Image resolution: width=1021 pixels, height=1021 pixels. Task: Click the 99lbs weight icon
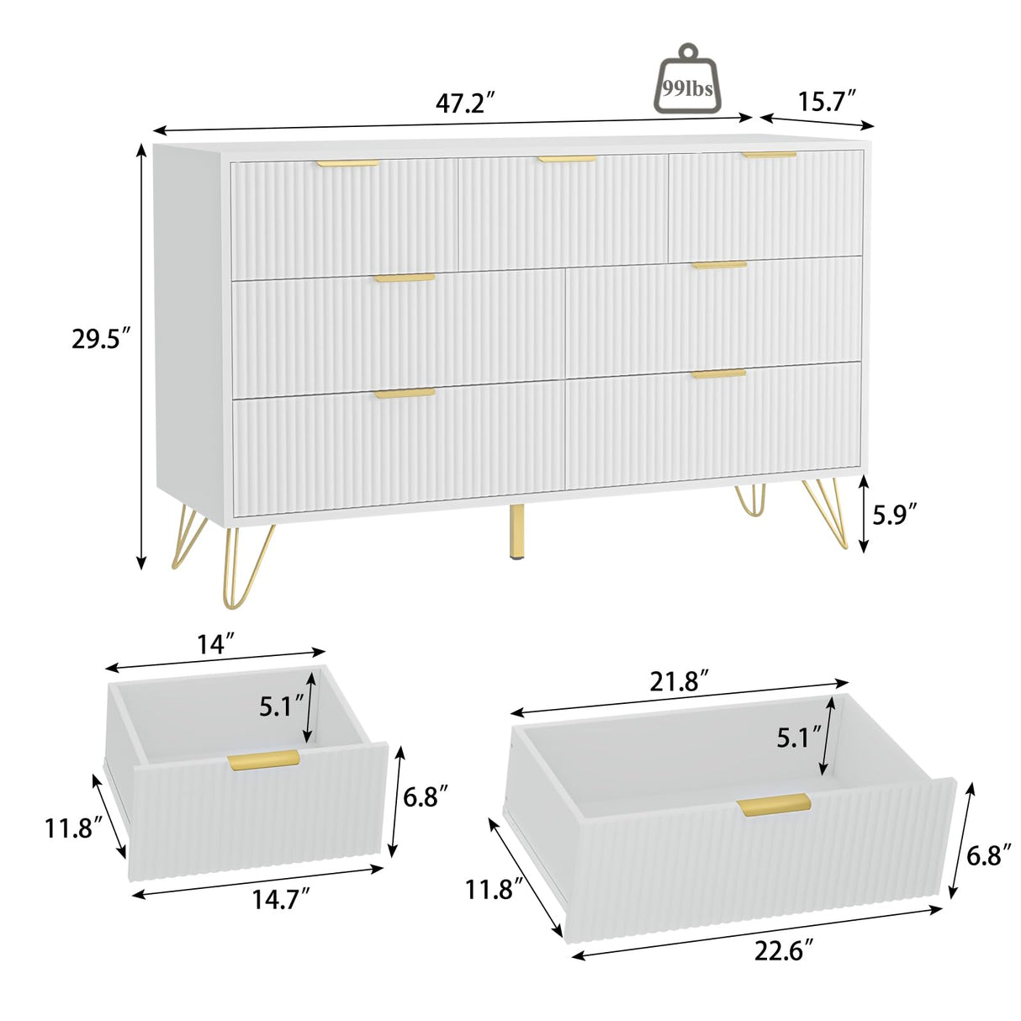[687, 81]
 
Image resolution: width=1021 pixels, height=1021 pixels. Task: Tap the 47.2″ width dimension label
[464, 103]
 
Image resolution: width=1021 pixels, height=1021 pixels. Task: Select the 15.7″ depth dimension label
[827, 102]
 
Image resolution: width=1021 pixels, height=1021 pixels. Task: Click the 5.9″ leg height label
[894, 514]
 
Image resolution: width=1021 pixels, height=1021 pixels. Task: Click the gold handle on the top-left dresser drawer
[348, 163]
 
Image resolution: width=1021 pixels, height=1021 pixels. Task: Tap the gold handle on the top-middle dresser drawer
[568, 158]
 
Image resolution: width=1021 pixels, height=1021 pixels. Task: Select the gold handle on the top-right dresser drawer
[769, 155]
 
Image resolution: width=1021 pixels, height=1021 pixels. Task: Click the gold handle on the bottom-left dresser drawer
[405, 393]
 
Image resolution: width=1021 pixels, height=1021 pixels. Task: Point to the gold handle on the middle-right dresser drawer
[719, 266]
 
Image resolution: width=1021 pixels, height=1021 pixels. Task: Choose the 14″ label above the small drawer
[216, 645]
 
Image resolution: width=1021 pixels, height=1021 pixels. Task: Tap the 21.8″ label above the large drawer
[680, 680]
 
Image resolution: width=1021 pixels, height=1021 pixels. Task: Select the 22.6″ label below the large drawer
[784, 951]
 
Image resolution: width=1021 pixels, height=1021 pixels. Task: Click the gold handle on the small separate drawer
[263, 759]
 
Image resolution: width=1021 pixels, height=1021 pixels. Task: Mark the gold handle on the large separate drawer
[774, 805]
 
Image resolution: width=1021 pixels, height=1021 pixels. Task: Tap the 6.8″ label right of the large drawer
[989, 855]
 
